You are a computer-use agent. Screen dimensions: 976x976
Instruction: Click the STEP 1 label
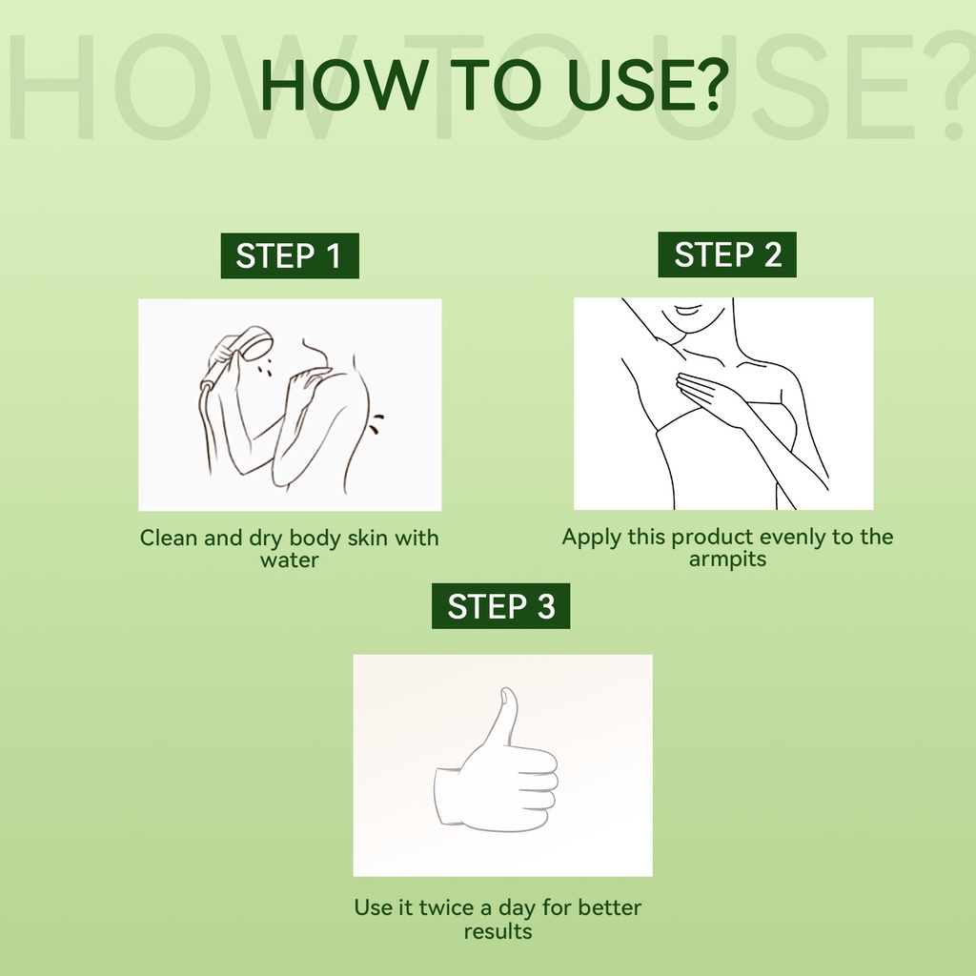click(x=290, y=255)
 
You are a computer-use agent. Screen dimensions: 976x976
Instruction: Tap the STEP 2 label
click(x=727, y=254)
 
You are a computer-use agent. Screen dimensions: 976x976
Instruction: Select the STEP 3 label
click(x=501, y=605)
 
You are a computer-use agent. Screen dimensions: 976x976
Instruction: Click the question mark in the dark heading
click(x=708, y=84)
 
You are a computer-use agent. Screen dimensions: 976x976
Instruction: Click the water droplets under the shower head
click(x=265, y=367)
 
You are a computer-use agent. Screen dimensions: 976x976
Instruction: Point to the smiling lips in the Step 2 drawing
click(x=689, y=310)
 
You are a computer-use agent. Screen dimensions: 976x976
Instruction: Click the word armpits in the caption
click(x=727, y=559)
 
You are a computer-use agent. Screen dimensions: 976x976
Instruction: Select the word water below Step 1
click(x=290, y=560)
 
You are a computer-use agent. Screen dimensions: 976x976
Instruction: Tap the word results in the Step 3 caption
click(x=498, y=932)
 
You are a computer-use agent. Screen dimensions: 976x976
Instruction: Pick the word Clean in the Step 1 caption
click(x=168, y=538)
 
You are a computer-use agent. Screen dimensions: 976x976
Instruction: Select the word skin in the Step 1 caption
click(x=367, y=538)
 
